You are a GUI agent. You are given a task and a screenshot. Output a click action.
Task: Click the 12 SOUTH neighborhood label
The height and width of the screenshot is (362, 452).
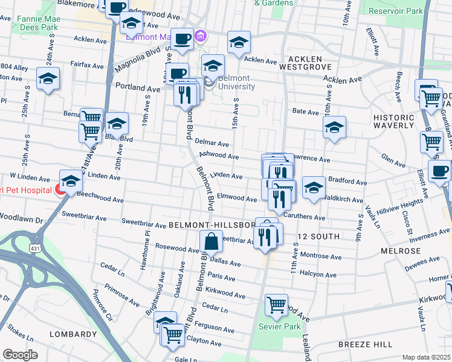[318, 236]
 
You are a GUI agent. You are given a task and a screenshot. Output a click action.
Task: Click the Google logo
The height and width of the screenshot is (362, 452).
[21, 355]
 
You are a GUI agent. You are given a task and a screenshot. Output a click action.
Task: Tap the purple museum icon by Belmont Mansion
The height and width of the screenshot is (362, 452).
[201, 35]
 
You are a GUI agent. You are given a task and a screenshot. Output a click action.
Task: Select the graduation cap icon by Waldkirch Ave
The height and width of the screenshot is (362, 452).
[314, 188]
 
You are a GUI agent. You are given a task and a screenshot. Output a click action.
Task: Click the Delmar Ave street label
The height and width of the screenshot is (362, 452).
[212, 144]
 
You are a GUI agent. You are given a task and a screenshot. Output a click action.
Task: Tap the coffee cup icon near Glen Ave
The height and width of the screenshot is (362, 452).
[439, 171]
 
